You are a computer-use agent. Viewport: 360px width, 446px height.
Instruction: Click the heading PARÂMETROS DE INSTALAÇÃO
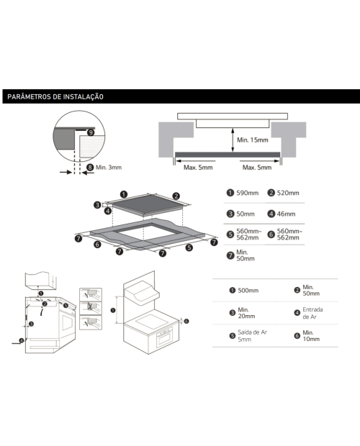tap(55, 96)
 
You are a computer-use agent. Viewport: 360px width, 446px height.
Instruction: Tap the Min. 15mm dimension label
tap(253, 140)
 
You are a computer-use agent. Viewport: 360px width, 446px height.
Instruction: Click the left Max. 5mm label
tap(198, 168)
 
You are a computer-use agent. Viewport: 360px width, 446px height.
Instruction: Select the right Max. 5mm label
tap(257, 168)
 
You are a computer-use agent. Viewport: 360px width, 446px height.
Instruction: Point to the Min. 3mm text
tap(109, 167)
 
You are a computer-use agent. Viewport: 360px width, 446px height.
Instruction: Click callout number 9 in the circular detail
tap(91, 132)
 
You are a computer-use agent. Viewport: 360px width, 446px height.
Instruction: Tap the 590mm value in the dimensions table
tap(248, 193)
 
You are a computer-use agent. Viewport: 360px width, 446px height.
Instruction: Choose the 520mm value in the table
tap(288, 193)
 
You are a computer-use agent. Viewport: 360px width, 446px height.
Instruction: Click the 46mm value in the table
tap(286, 214)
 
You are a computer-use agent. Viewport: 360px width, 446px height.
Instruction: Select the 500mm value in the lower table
tap(248, 291)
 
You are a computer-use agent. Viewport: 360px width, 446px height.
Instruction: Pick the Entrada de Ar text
tap(312, 313)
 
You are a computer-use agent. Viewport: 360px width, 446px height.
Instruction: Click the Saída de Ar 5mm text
tap(253, 336)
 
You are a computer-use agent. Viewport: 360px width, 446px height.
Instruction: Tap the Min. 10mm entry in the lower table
tap(311, 336)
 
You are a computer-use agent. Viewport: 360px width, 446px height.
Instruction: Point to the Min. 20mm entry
tap(246, 313)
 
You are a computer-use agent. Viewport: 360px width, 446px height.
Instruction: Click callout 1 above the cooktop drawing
tap(124, 194)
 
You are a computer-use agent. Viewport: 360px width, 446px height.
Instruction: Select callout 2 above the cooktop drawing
tap(176, 196)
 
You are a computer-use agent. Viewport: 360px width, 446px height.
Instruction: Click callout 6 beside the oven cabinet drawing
tap(186, 321)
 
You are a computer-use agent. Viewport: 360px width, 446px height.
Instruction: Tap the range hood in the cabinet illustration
tap(142, 292)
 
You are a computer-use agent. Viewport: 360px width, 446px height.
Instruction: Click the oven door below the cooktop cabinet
tap(164, 337)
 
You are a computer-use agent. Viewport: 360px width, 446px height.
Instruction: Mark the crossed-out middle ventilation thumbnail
tap(91, 307)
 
